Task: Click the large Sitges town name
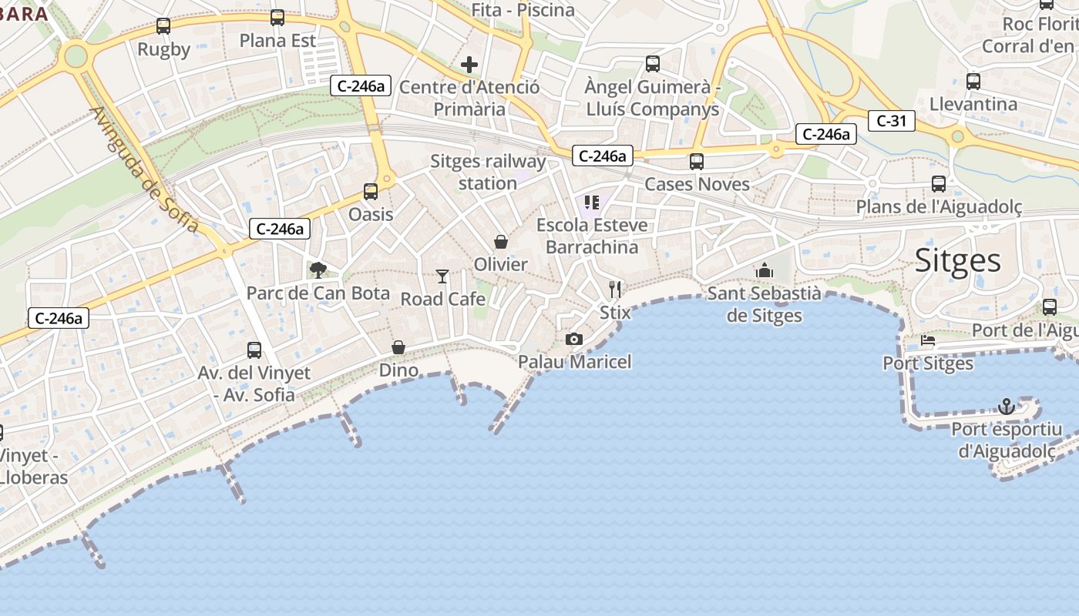pyautogui.click(x=958, y=261)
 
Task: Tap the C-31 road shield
pyautogui.click(x=891, y=121)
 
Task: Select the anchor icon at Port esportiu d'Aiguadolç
pyautogui.click(x=1006, y=406)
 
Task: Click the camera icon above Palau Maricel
pyautogui.click(x=573, y=339)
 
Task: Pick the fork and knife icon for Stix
pyautogui.click(x=614, y=290)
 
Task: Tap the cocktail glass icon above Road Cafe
pyautogui.click(x=442, y=276)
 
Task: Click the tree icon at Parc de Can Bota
pyautogui.click(x=318, y=269)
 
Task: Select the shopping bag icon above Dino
pyautogui.click(x=398, y=347)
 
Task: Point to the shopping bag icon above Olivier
pyautogui.click(x=501, y=242)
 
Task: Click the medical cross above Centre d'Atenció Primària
pyautogui.click(x=469, y=65)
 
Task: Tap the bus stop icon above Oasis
pyautogui.click(x=371, y=191)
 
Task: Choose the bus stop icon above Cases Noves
pyautogui.click(x=697, y=161)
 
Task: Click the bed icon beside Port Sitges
pyautogui.click(x=928, y=340)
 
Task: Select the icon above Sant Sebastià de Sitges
pyautogui.click(x=765, y=270)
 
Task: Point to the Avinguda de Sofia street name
pyautogui.click(x=144, y=170)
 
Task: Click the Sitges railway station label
pyautogui.click(x=488, y=172)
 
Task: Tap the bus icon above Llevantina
pyautogui.click(x=973, y=81)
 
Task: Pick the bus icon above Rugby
pyautogui.click(x=163, y=26)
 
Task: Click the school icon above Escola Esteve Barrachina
pyautogui.click(x=591, y=203)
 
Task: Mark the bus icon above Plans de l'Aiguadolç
pyautogui.click(x=939, y=184)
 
